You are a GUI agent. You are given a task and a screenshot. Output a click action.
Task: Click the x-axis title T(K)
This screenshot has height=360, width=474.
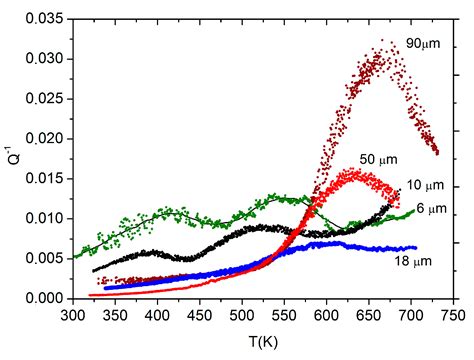click(x=264, y=341)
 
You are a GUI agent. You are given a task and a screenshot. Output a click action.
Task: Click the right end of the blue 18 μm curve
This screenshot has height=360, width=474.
click(x=415, y=247)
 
